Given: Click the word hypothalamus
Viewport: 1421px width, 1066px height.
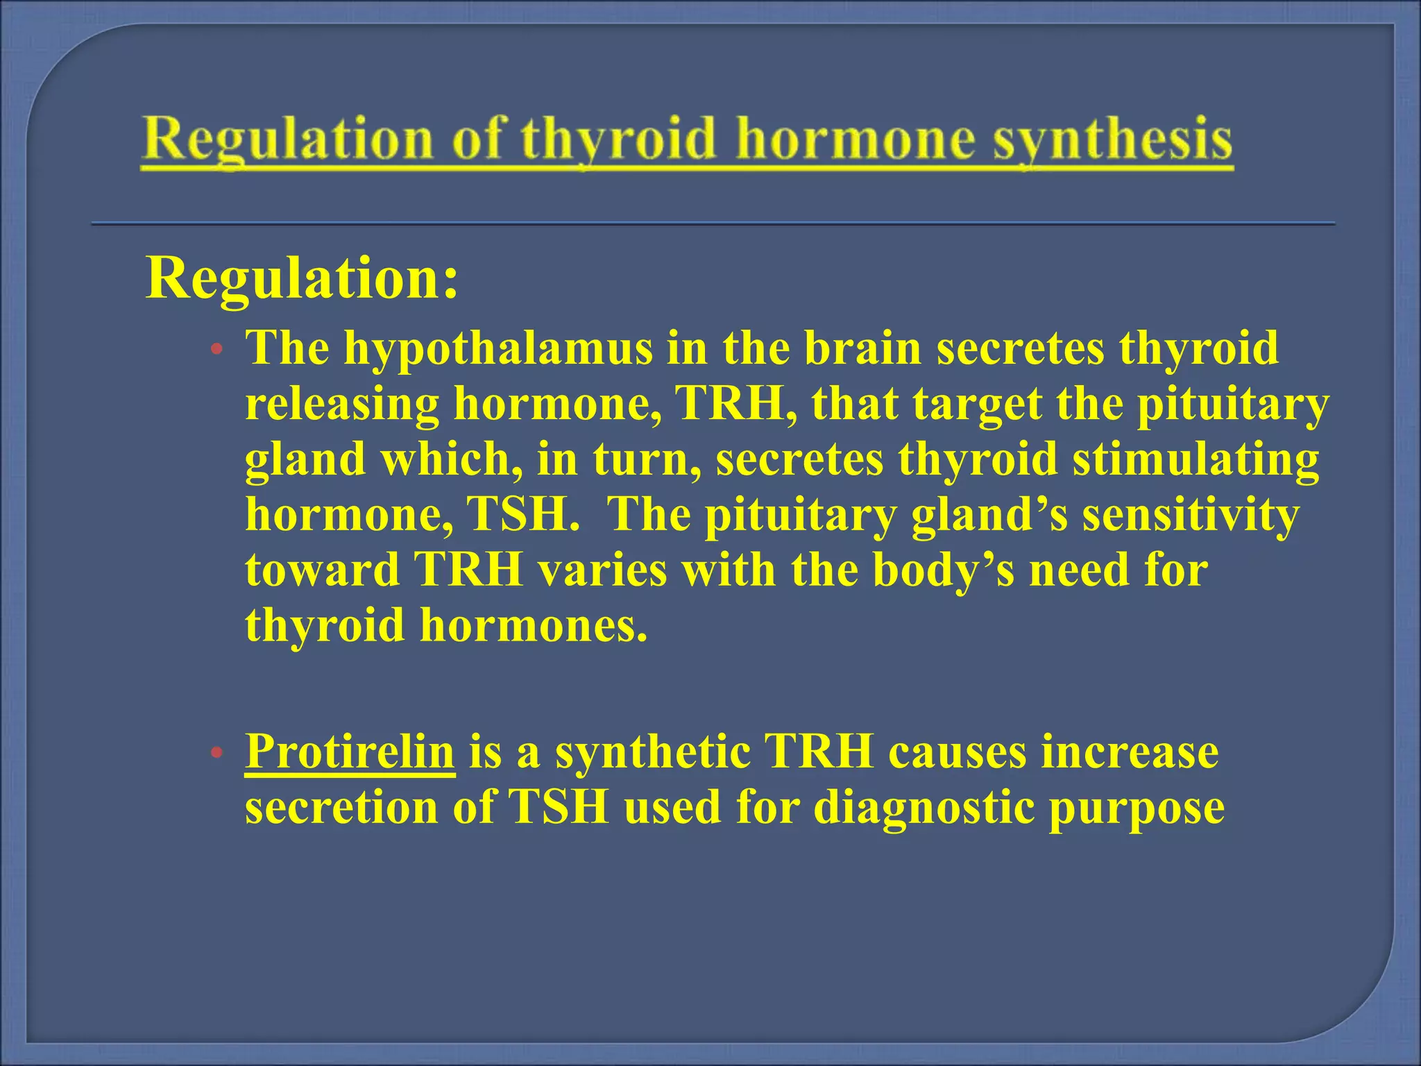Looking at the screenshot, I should pyautogui.click(x=499, y=348).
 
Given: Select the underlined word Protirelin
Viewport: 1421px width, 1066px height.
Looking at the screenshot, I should pyautogui.click(x=350, y=752).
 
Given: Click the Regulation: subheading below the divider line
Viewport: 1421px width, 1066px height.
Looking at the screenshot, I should pyautogui.click(x=302, y=278).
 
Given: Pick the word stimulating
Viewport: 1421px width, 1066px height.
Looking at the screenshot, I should pyautogui.click(x=1195, y=459).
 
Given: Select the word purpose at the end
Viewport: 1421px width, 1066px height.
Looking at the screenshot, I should pyautogui.click(x=1137, y=807).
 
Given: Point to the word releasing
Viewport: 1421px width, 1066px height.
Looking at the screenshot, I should pyautogui.click(x=342, y=403).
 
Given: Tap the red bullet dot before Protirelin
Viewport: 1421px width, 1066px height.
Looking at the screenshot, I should pyautogui.click(x=217, y=753).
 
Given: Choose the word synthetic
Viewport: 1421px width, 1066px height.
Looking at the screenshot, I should pyautogui.click(x=653, y=752).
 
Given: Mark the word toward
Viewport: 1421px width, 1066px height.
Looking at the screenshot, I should pyautogui.click(x=323, y=570).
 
